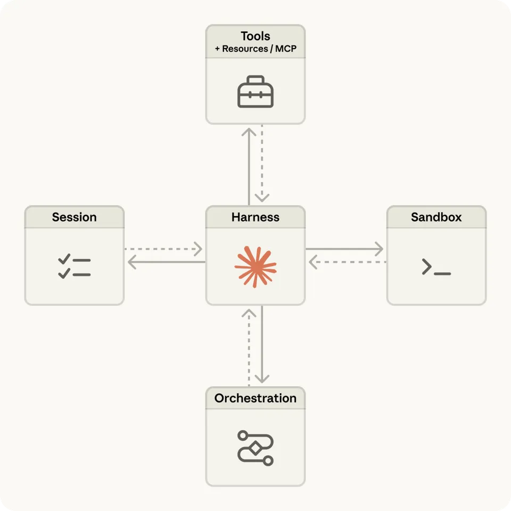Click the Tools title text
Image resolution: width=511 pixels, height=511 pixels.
pos(256,36)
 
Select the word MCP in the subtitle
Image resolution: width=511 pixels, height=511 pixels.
pos(286,48)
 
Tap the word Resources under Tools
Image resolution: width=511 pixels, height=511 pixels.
pos(245,48)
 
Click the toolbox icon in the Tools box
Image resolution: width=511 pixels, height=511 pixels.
pos(256,92)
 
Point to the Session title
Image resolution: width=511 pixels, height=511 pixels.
pos(75,217)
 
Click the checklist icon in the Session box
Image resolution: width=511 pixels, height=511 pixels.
pos(75,267)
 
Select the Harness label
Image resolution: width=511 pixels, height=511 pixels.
pos(256,217)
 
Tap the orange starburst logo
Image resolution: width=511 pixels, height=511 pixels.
pos(256,267)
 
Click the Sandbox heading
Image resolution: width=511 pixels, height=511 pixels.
pos(436,217)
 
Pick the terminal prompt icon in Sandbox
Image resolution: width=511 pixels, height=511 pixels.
pos(436,267)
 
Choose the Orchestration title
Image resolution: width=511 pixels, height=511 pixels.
pos(256,398)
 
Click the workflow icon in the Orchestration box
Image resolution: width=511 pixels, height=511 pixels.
pos(256,448)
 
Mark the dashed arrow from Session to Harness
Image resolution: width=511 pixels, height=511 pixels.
pos(164,249)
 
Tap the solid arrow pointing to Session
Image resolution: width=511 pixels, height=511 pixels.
pos(165,262)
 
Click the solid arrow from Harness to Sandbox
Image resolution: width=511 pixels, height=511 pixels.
pos(345,249)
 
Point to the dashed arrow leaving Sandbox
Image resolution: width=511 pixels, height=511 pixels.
pos(347,262)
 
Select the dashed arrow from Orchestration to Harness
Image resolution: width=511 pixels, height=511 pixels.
pos(249,346)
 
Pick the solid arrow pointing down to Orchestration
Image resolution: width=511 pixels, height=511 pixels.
pos(262,346)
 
